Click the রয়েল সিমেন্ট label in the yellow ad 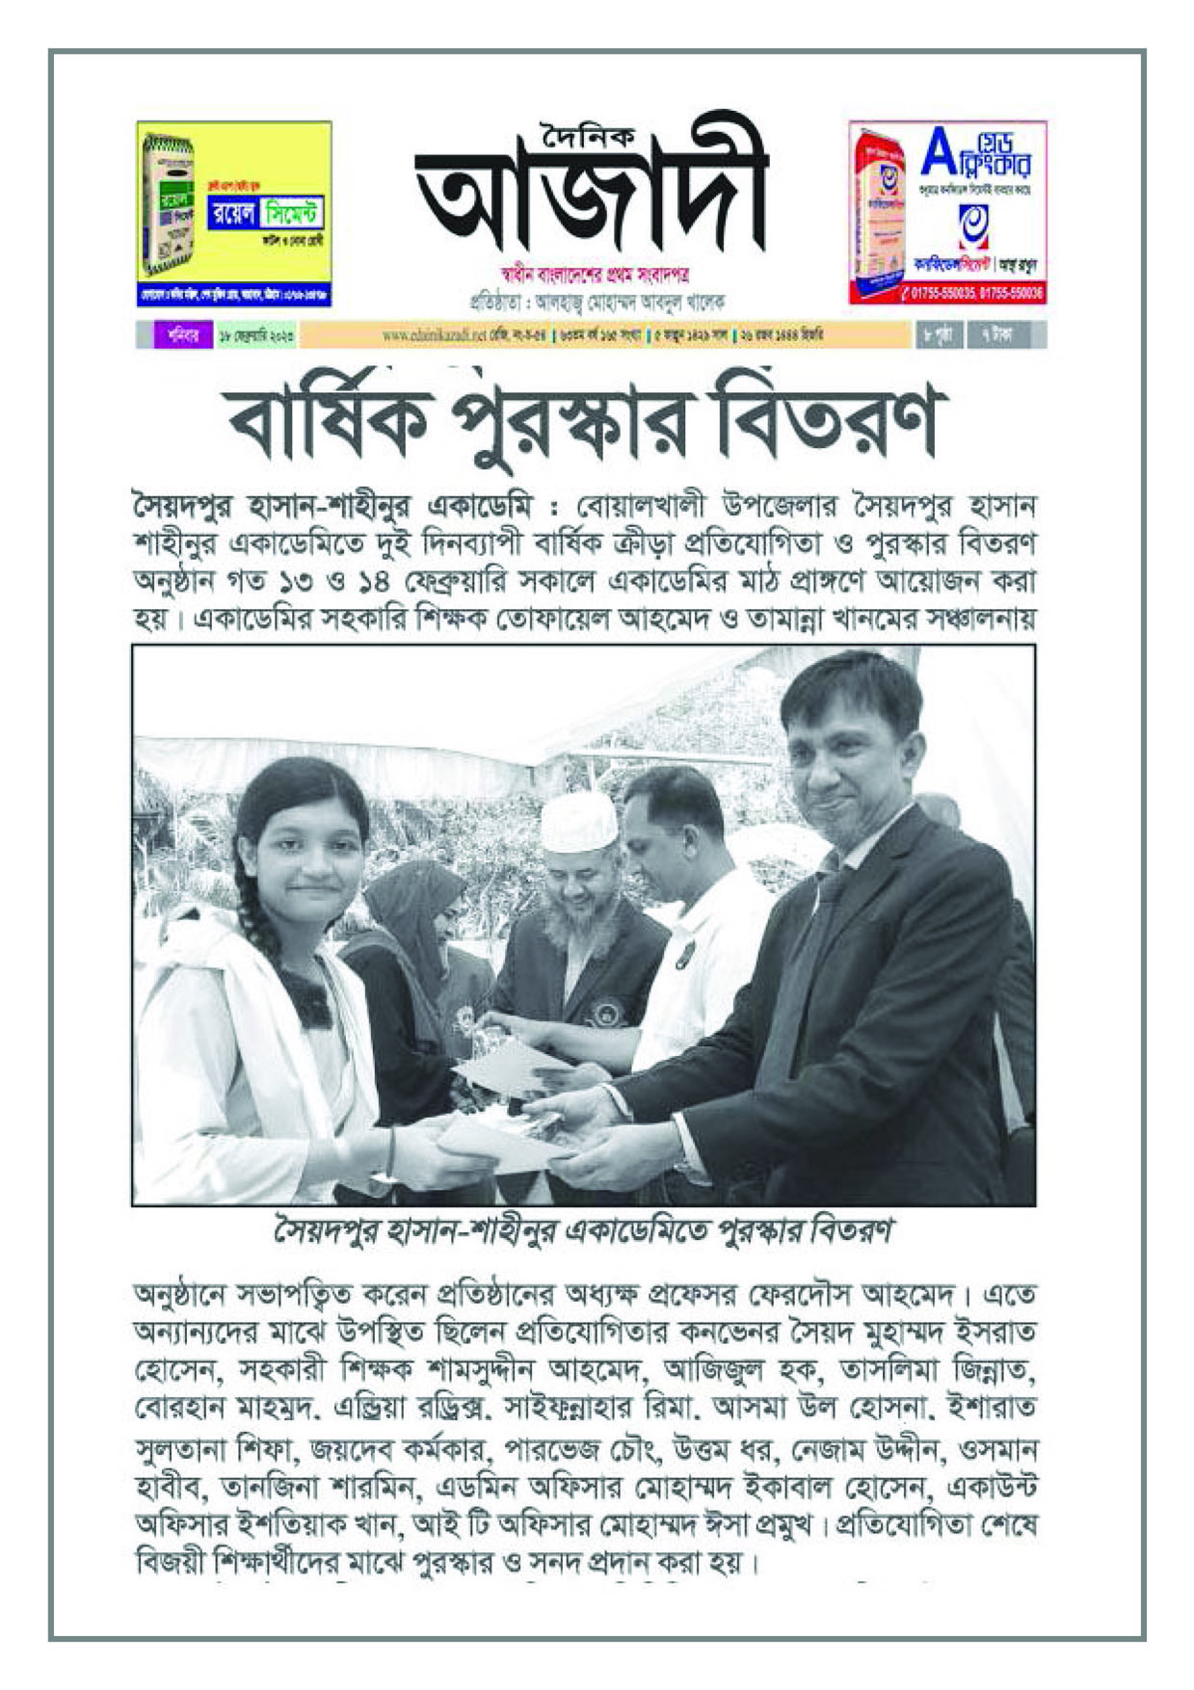click(x=265, y=213)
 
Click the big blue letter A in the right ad click(x=938, y=152)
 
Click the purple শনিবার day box click(x=176, y=335)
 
